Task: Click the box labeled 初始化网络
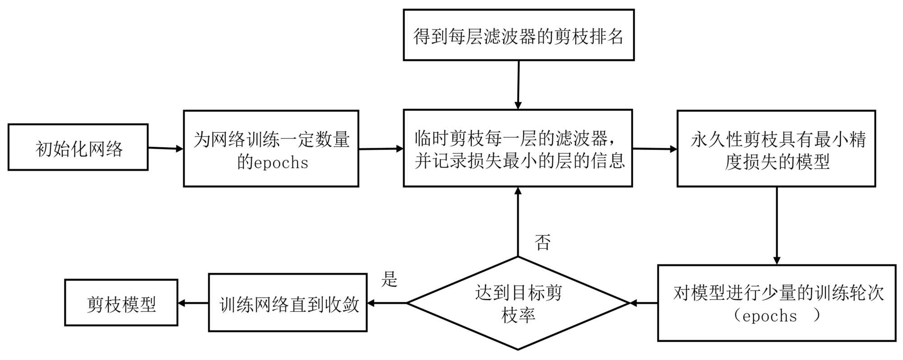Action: click(78, 147)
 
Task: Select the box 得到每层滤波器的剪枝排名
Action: click(518, 35)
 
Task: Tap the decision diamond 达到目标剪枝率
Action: click(518, 303)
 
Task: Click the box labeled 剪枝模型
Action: click(121, 303)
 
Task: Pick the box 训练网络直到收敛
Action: click(288, 303)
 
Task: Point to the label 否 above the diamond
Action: click(542, 242)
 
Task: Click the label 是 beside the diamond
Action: click(389, 279)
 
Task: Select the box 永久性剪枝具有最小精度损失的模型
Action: click(776, 149)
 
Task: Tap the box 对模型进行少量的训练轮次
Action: click(777, 303)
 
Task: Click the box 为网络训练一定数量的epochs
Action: click(271, 149)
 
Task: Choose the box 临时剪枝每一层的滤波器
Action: click(518, 148)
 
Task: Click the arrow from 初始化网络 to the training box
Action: click(166, 148)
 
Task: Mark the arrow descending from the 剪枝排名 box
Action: click(518, 85)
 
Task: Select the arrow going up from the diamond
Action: click(518, 222)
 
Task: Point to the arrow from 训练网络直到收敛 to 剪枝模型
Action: click(193, 303)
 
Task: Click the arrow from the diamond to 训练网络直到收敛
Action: click(387, 303)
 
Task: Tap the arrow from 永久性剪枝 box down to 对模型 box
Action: click(777, 225)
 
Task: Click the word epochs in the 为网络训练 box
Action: click(281, 163)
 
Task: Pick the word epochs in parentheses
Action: click(769, 316)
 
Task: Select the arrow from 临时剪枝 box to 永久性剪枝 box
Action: click(655, 149)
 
